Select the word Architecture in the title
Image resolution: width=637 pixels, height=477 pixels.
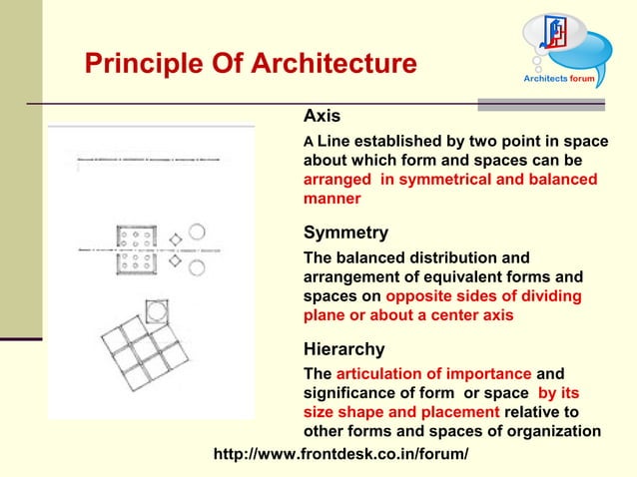[325, 64]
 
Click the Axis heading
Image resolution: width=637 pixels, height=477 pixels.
[321, 116]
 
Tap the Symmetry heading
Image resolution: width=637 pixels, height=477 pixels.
[345, 233]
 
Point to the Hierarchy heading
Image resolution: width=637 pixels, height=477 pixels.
[342, 349]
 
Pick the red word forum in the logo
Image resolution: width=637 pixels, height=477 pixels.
[582, 77]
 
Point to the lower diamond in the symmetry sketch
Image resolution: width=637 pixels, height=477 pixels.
[176, 260]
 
